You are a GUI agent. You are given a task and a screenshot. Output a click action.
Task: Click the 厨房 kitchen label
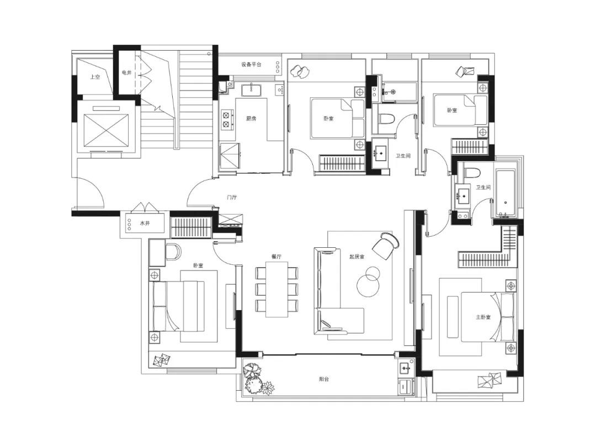pyautogui.click(x=251, y=119)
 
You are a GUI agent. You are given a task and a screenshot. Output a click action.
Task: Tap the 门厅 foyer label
pyautogui.click(x=232, y=197)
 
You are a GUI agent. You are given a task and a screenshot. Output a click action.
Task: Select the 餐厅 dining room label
pyautogui.click(x=276, y=257)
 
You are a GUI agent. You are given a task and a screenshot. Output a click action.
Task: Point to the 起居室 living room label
pyautogui.click(x=357, y=257)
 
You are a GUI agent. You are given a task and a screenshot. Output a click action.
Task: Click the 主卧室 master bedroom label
pyautogui.click(x=483, y=317)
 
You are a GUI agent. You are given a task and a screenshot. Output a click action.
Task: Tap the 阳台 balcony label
pyautogui.click(x=324, y=379)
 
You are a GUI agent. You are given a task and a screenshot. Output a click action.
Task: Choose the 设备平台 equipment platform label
pyautogui.click(x=251, y=65)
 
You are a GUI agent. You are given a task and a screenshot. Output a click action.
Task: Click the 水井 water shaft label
pyautogui.click(x=145, y=223)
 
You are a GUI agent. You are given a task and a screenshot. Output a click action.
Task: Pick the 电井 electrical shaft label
pyautogui.click(x=126, y=72)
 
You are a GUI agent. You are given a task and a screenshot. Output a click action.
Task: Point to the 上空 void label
pyautogui.click(x=95, y=77)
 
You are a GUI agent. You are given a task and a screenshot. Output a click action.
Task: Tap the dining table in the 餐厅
pyautogui.click(x=276, y=289)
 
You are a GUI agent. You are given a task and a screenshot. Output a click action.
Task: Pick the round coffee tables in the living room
pyautogui.click(x=368, y=280)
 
